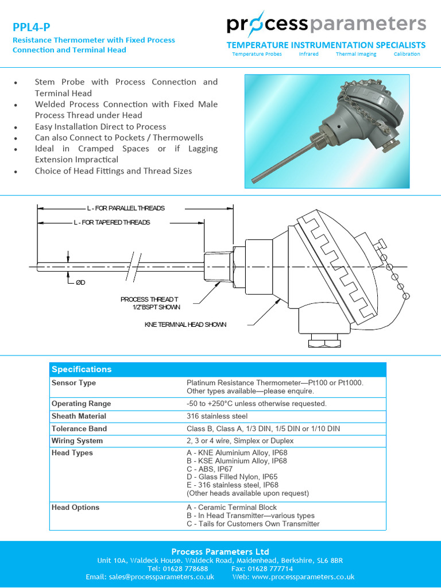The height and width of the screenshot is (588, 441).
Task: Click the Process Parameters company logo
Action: click(x=326, y=24)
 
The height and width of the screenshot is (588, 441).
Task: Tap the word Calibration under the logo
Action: click(x=407, y=54)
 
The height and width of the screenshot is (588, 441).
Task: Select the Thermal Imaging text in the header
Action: click(x=356, y=54)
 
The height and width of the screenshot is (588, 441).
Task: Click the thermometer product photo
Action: click(x=327, y=131)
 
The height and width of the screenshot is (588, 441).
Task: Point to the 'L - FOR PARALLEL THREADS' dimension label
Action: click(x=126, y=208)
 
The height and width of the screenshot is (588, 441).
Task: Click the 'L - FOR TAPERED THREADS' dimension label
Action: click(x=111, y=222)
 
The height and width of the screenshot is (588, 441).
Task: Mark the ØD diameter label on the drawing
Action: click(x=80, y=283)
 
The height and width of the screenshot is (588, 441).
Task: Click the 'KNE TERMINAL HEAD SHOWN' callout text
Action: click(x=185, y=324)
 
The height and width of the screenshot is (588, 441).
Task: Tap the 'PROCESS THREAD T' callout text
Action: click(x=149, y=299)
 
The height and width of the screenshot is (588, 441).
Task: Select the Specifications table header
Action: click(x=82, y=369)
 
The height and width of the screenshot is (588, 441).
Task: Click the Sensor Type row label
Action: click(x=73, y=383)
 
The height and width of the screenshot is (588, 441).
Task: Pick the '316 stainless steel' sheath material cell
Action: click(x=217, y=416)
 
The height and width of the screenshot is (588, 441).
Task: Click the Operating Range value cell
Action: click(x=256, y=404)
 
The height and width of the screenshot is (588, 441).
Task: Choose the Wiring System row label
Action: click(x=77, y=441)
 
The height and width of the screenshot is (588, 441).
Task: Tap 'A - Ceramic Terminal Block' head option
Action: click(x=231, y=508)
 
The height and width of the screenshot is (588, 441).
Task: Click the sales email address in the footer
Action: click(x=150, y=577)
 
